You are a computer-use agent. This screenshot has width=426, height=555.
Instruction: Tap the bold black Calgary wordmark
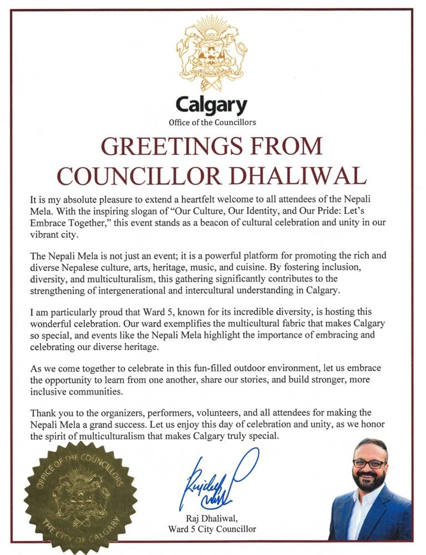(x=211, y=104)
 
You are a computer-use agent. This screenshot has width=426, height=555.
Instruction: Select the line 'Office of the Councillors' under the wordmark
(x=212, y=122)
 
